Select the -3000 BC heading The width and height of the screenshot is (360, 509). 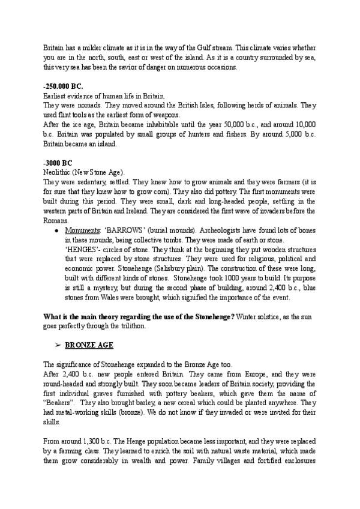point(58,162)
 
